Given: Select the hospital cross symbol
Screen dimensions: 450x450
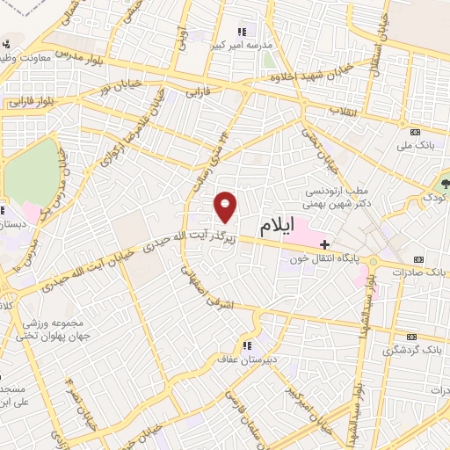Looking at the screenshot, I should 325,243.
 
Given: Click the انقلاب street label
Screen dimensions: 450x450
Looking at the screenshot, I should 339,112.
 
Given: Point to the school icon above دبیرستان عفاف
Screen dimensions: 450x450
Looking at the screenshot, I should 247,345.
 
